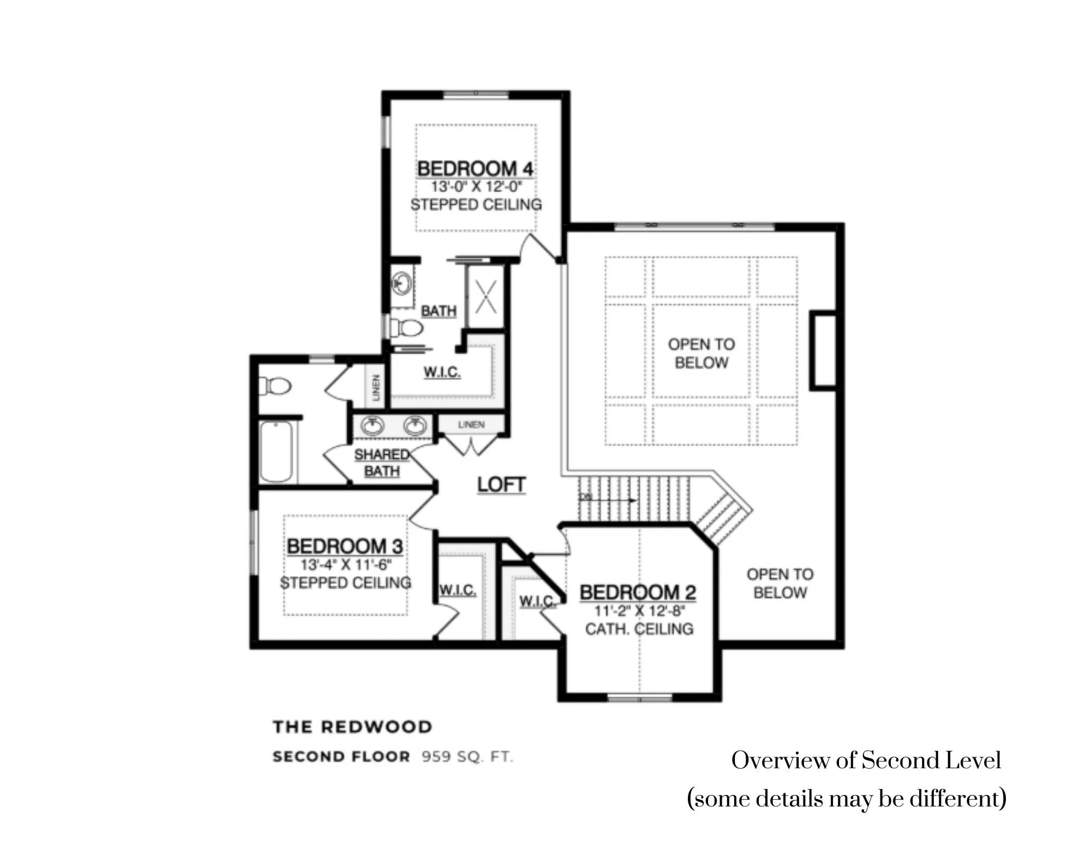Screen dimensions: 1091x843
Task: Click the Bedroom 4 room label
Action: point(475,169)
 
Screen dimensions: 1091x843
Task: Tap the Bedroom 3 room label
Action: point(345,546)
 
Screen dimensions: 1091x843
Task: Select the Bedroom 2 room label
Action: point(638,593)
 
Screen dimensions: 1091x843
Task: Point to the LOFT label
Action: point(501,485)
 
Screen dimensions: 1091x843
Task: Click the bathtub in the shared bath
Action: point(277,451)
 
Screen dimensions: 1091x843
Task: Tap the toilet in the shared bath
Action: point(274,386)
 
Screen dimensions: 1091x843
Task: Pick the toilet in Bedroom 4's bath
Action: point(407,328)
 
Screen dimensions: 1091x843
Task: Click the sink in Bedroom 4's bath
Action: point(402,283)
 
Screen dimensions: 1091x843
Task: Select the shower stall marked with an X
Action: point(485,297)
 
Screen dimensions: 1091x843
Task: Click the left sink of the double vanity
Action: point(373,426)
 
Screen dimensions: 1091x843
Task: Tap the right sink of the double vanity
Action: point(415,426)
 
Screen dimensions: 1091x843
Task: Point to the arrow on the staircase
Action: point(608,499)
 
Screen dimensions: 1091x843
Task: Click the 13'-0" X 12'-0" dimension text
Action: point(476,187)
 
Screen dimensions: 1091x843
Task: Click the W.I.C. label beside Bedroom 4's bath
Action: point(442,373)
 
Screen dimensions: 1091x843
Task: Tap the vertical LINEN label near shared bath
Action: point(376,387)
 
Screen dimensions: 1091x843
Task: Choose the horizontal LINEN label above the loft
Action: point(471,425)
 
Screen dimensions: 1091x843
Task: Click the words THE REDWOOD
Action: point(352,727)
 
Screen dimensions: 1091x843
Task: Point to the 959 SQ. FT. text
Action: point(467,757)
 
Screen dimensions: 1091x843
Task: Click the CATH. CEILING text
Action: point(639,629)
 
